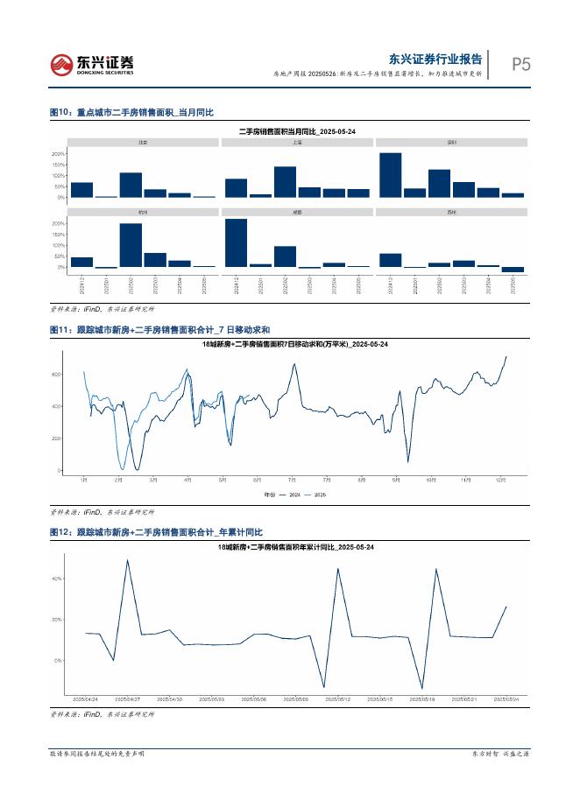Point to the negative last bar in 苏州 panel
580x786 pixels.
pos(513,270)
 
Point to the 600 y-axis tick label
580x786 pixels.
pos(57,375)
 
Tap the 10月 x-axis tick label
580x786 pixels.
pos(430,481)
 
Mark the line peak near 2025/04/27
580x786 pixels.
pos(128,561)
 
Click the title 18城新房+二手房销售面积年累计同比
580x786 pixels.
pos(296,547)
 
